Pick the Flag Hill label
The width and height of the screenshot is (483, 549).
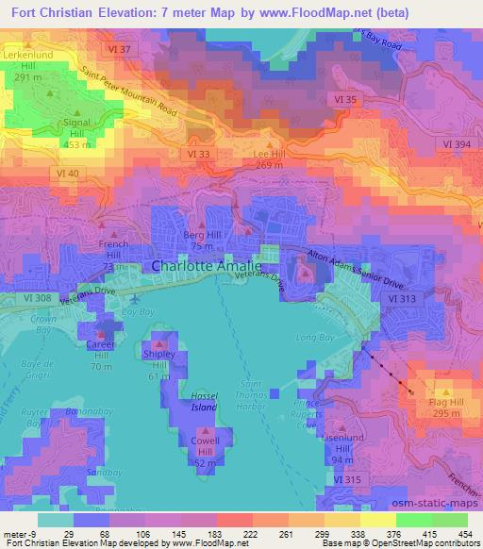click(439, 405)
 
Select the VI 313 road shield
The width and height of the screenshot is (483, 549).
click(402, 298)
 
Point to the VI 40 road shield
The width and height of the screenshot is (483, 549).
click(67, 174)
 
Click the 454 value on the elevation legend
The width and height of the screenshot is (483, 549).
click(462, 534)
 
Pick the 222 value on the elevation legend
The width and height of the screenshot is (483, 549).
click(225, 534)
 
